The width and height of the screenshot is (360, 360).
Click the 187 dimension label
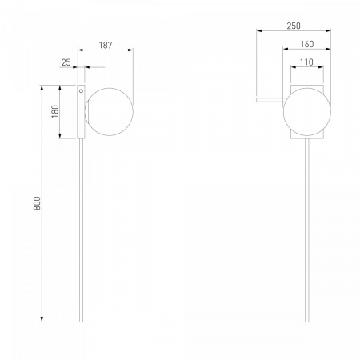(x=106, y=45)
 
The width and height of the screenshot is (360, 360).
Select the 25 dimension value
(x=66, y=62)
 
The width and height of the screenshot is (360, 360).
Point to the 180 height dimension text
(x=55, y=111)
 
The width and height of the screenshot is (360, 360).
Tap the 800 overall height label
(x=37, y=203)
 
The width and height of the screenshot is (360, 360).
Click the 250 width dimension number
(x=294, y=26)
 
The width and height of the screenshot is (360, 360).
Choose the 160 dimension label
(x=307, y=44)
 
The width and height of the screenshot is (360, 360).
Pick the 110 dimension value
(x=306, y=62)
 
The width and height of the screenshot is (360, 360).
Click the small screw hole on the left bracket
(x=81, y=91)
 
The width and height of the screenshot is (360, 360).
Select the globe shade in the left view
(x=109, y=112)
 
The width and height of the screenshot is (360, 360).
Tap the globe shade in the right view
(x=307, y=112)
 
